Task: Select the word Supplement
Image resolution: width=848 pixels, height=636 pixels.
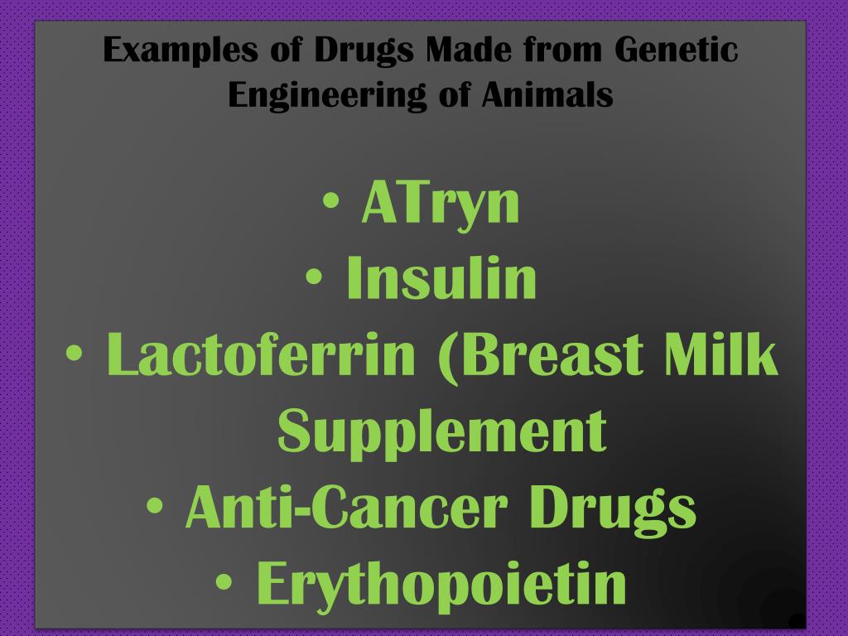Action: [x=442, y=431]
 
